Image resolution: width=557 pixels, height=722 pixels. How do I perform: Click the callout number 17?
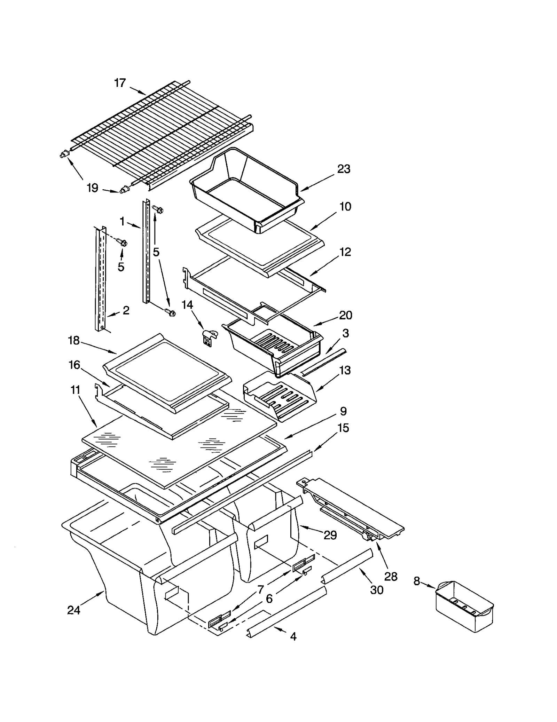(120, 83)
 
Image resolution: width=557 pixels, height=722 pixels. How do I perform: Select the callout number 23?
(344, 169)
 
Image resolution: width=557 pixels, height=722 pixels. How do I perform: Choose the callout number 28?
(391, 577)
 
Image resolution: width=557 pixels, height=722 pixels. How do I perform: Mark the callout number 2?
(126, 310)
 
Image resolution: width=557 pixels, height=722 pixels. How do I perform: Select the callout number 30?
(377, 589)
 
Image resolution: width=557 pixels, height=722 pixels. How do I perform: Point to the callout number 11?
(75, 390)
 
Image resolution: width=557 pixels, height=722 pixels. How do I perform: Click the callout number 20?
(345, 315)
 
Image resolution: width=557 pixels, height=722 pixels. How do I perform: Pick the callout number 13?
(345, 370)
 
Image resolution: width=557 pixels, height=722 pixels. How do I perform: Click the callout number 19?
(92, 188)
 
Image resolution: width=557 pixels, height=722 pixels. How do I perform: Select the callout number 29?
(330, 535)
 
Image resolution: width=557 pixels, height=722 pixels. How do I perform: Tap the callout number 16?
(74, 365)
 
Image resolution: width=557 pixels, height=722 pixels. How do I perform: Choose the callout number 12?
(345, 252)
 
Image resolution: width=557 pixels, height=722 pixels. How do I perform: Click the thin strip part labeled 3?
(324, 363)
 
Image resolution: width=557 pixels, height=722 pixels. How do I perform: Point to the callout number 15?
(343, 428)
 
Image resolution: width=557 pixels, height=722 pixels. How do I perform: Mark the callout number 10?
(345, 206)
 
